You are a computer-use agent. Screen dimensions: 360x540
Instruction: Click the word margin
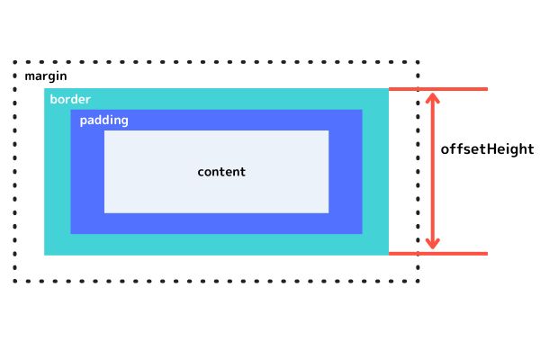[45, 76]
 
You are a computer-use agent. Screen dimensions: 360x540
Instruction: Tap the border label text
[70, 99]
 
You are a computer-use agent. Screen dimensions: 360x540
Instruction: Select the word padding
[103, 120]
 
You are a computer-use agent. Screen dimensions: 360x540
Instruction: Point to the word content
[221, 172]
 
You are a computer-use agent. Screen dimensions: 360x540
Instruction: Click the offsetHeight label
[487, 148]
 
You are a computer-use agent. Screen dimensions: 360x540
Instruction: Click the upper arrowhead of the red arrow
[434, 95]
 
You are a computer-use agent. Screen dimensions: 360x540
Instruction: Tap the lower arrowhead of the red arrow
[434, 245]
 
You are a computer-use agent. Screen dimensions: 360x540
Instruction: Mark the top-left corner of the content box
[105, 131]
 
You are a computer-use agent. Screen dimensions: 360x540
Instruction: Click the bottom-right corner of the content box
[328, 211]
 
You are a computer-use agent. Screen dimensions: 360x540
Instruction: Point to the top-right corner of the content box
[328, 131]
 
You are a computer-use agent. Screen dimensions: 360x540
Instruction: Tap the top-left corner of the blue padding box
[72, 111]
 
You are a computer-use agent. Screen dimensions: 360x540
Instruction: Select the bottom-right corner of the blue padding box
[361, 232]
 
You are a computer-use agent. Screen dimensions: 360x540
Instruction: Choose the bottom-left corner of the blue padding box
[72, 232]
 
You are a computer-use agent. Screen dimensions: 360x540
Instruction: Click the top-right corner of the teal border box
[387, 89]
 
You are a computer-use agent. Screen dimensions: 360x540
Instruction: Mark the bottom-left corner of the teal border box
[45, 254]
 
